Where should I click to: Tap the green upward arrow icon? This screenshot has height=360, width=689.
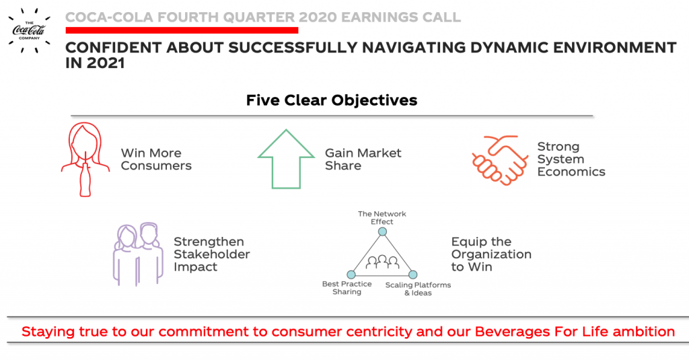click(286, 159)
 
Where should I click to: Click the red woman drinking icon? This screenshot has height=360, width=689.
click(85, 159)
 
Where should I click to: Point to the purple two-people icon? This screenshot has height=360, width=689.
click(139, 254)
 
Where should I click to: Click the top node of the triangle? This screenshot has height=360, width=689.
click(383, 231)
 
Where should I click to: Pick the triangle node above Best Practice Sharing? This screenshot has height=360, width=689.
click(351, 275)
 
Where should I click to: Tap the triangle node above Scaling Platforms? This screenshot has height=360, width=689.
click(412, 275)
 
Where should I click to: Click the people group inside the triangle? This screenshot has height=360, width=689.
click(382, 262)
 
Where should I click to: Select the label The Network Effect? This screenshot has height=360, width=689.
click(382, 217)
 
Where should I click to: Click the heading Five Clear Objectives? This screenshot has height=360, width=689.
click(332, 100)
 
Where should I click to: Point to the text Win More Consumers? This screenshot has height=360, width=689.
click(156, 159)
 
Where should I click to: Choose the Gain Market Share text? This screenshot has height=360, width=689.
click(363, 159)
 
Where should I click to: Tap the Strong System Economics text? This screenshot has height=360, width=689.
click(571, 159)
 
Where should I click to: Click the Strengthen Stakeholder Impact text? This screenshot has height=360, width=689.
click(212, 254)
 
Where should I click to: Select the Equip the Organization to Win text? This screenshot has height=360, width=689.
click(491, 254)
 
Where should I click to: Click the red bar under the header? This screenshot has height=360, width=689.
click(182, 30)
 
